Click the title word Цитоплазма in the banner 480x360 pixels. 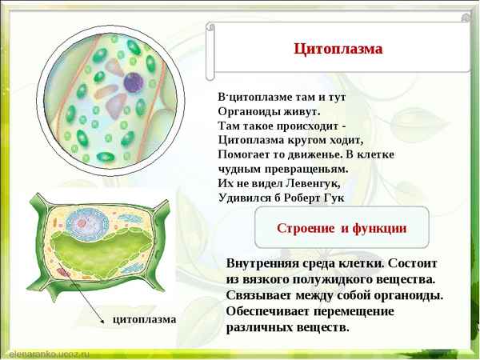[x=338, y=49]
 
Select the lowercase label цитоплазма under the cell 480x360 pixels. [x=143, y=319]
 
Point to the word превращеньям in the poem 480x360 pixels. [x=305, y=169]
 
